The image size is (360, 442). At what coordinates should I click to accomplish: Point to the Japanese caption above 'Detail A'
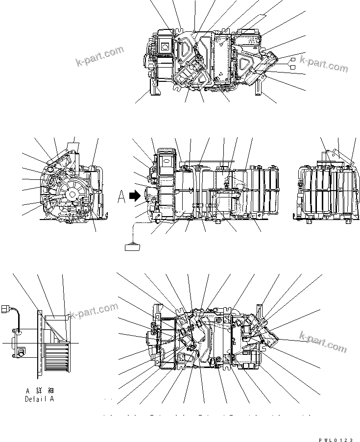tap(43, 391)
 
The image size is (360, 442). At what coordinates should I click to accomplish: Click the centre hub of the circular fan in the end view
tap(72, 195)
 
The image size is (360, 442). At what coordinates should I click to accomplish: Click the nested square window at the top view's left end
tap(165, 47)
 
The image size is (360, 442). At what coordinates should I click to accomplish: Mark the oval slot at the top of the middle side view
tap(166, 159)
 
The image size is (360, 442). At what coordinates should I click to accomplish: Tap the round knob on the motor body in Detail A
tap(22, 352)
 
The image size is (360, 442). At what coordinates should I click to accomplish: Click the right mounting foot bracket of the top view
tap(258, 90)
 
